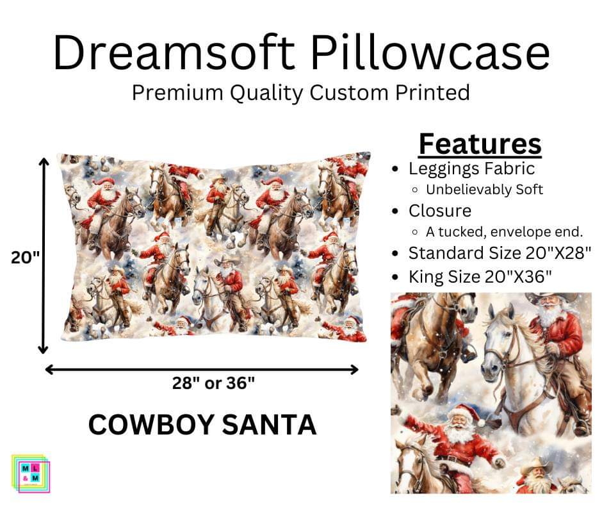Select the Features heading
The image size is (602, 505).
(x=480, y=145)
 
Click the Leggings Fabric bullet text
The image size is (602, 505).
(x=471, y=169)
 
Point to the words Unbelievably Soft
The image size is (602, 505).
(x=484, y=190)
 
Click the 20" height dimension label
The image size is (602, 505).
(x=26, y=258)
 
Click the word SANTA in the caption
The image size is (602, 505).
(x=276, y=425)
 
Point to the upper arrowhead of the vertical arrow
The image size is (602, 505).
(x=44, y=162)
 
